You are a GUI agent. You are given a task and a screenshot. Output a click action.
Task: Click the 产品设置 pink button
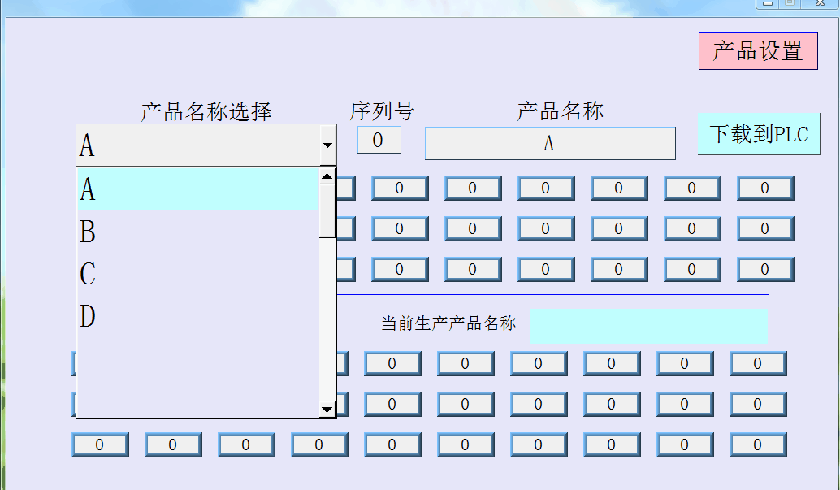coord(758,50)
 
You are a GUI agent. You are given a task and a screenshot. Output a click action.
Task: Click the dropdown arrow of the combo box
coord(328,145)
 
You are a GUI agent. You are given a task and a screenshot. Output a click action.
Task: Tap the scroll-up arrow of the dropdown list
coord(327,176)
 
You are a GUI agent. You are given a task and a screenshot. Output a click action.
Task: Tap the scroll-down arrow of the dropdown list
coord(327,410)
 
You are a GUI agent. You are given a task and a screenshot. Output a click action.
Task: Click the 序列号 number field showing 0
coord(379,140)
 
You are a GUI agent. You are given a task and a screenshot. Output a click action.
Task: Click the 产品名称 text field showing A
coord(550,144)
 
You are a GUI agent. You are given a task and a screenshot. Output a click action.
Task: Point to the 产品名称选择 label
coord(206,112)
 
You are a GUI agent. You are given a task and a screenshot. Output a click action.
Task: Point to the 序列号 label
coord(382,111)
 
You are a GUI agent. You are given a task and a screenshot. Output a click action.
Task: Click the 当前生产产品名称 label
coord(448,323)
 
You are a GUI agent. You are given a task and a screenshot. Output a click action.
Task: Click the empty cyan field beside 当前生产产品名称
coord(648,326)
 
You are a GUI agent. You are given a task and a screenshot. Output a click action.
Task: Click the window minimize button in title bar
coord(768,3)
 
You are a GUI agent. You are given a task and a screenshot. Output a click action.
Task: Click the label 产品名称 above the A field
coord(561,111)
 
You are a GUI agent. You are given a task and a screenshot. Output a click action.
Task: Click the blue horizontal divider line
coord(552,294)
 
